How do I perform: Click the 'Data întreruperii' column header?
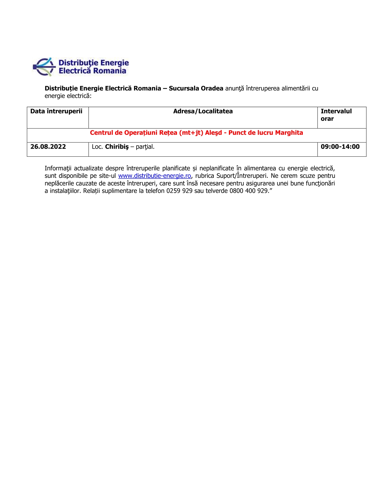pos(56,111)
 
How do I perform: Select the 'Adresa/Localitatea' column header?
pos(203,111)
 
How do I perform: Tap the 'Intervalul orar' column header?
pos(336,115)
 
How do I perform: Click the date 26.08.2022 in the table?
pos(48,147)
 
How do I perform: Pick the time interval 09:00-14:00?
pos(340,147)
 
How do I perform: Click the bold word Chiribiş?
pos(117,147)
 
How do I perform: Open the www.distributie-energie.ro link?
pos(154,176)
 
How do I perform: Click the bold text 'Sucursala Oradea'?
pos(196,88)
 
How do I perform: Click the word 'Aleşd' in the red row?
pos(213,133)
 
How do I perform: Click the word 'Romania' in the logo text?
pos(110,71)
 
